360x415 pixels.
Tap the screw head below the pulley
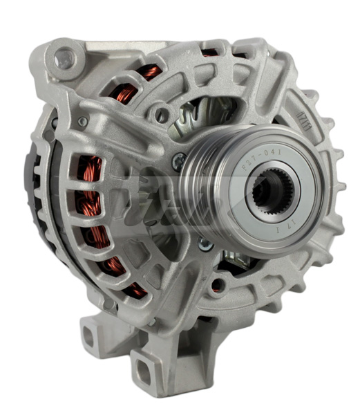pos(205,243)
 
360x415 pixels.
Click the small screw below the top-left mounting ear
pos(83,122)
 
